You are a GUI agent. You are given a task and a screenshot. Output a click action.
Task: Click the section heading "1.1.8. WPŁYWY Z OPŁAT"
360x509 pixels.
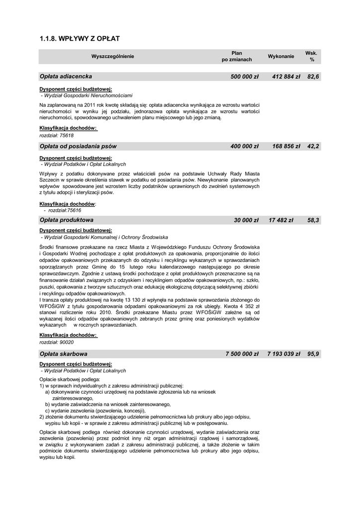pyautogui.click(x=80, y=38)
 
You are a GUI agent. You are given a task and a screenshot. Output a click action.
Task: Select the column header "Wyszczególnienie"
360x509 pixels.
pyautogui.click(x=112, y=56)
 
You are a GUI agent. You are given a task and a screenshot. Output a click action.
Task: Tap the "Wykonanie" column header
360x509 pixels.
pyautogui.click(x=281, y=56)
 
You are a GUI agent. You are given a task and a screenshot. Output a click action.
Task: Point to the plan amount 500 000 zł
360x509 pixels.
pyautogui.click(x=245, y=77)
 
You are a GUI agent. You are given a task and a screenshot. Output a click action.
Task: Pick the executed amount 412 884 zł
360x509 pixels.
pyautogui.click(x=286, y=77)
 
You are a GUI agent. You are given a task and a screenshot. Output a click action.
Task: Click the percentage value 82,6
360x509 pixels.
pyautogui.click(x=313, y=77)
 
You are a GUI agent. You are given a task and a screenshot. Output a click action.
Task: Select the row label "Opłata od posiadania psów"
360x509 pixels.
pyautogui.click(x=78, y=146)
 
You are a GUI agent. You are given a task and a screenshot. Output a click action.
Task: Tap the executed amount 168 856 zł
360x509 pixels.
pyautogui.click(x=286, y=146)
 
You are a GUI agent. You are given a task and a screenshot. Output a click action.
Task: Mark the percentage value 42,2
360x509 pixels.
pyautogui.click(x=313, y=146)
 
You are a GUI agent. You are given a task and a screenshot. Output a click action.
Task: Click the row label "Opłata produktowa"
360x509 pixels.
pyautogui.click(x=67, y=219)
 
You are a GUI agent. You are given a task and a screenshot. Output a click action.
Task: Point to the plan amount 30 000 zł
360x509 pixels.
pyautogui.click(x=246, y=219)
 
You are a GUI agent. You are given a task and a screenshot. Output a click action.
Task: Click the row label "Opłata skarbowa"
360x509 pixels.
pyautogui.click(x=64, y=354)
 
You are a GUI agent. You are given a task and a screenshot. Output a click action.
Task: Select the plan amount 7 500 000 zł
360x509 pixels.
pyautogui.click(x=242, y=354)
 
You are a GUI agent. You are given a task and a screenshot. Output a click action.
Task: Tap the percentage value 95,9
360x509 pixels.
pyautogui.click(x=313, y=354)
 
